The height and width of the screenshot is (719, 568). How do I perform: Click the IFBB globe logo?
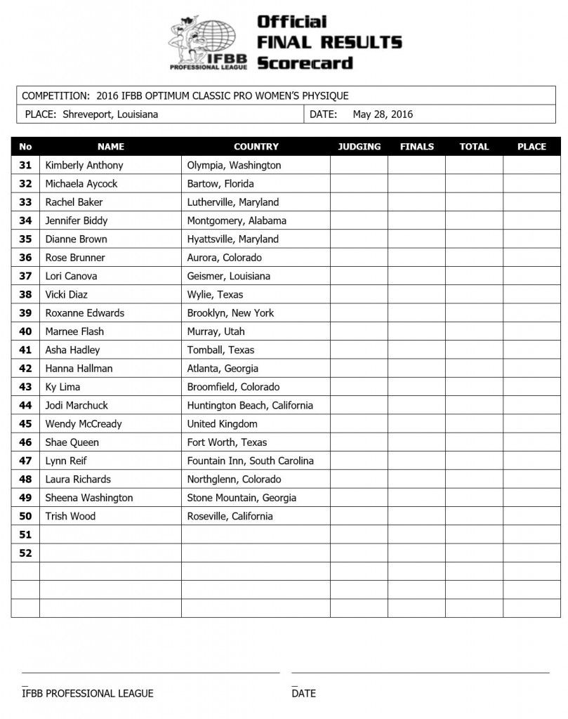(209, 44)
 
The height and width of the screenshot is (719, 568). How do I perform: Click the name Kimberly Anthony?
(84, 166)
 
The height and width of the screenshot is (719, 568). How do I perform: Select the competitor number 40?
(25, 331)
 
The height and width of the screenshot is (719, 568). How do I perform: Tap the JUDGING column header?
(359, 147)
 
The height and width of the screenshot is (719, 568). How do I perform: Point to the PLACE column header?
(531, 147)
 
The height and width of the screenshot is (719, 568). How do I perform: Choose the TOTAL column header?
(474, 147)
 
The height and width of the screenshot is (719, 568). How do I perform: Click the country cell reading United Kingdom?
(222, 424)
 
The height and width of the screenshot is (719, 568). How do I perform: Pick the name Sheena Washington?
(88, 498)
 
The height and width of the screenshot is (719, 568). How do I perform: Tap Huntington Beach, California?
(250, 405)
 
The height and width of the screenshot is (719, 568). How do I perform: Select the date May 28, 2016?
(383, 114)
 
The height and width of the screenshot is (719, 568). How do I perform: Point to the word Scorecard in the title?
(304, 63)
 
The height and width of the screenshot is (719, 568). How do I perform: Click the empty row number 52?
(25, 553)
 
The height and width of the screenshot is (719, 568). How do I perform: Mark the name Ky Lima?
(62, 387)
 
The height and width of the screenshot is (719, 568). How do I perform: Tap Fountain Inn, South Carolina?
(250, 461)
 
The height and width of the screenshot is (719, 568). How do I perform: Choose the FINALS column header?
(416, 147)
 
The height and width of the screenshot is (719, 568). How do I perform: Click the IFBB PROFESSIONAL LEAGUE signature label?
(87, 694)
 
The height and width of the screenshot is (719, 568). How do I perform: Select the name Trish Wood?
(70, 517)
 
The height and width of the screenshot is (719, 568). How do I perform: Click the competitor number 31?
(25, 166)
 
